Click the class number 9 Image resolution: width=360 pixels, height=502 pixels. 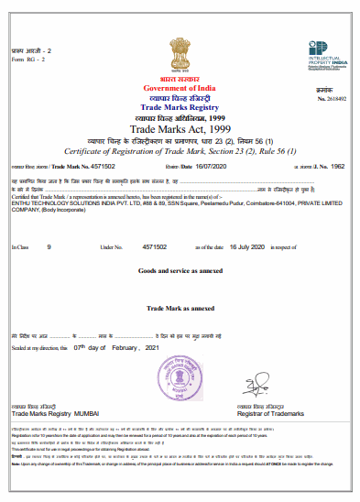[49, 246]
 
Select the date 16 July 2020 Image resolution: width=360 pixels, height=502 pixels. [244, 246]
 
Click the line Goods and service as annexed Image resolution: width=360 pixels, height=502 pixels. [180, 272]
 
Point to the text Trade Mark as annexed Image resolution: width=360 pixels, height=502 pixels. [180, 312]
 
